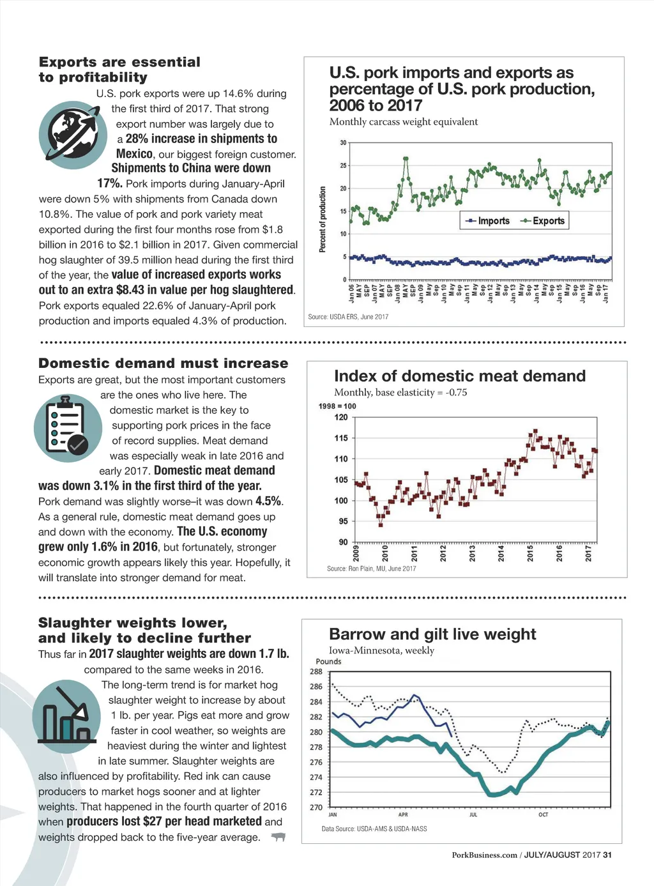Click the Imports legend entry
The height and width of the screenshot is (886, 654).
tap(488, 221)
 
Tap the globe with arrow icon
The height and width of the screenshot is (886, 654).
tap(72, 135)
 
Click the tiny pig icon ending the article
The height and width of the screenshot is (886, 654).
tap(278, 837)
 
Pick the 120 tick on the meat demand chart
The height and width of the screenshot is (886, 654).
tap(341, 417)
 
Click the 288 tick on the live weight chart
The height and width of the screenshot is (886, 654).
tap(316, 671)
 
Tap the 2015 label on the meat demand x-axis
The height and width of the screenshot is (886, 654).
tap(530, 553)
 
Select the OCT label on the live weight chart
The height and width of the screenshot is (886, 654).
tap(543, 814)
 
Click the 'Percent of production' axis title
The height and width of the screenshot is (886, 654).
tap(323, 219)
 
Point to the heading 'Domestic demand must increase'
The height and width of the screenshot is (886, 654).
tap(163, 363)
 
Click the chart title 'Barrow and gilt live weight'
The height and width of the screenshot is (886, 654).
tap(432, 634)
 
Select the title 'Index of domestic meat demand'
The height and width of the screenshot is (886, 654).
tap(460, 376)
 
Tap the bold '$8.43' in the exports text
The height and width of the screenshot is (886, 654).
tap(133, 290)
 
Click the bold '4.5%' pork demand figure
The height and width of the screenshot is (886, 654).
tap(268, 501)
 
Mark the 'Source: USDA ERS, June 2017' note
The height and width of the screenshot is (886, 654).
tap(348, 317)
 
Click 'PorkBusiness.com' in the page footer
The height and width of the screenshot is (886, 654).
tap(484, 855)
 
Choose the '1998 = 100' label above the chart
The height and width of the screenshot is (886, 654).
tap(337, 406)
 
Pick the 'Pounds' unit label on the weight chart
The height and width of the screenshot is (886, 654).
tap(328, 661)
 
